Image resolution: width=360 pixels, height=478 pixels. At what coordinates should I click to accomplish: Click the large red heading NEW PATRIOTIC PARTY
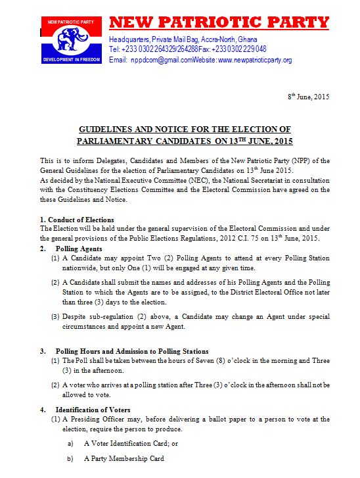coord(219,22)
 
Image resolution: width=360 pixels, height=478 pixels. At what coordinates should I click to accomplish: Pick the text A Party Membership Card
coord(124,458)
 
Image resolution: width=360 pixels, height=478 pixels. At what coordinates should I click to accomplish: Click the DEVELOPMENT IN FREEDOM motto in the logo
coord(71,59)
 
